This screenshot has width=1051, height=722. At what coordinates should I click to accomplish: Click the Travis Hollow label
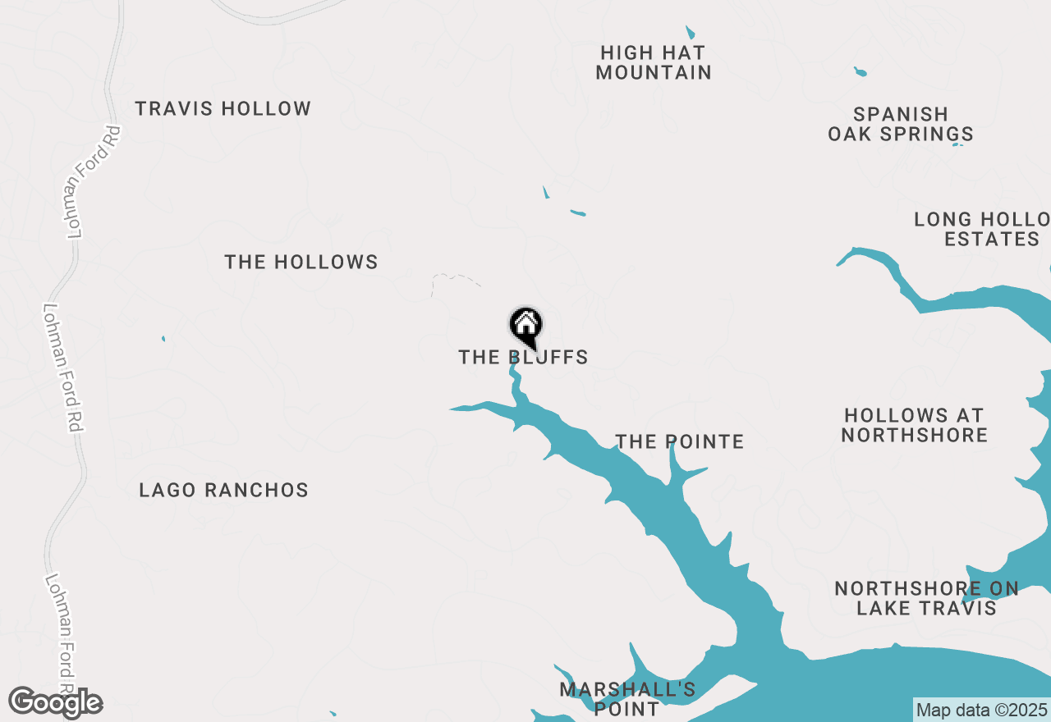click(223, 108)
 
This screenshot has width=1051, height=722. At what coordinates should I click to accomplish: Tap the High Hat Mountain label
click(653, 62)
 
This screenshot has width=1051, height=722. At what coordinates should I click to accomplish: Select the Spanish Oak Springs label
click(901, 124)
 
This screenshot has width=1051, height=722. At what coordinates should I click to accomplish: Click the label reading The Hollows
click(301, 262)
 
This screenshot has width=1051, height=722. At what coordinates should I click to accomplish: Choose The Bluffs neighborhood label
click(523, 358)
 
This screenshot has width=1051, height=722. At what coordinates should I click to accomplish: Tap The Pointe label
click(680, 441)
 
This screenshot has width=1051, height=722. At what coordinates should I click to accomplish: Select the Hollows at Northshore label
click(914, 425)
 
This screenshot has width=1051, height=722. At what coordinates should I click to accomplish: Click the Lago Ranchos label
click(223, 490)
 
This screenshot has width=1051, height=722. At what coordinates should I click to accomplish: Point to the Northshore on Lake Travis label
click(926, 598)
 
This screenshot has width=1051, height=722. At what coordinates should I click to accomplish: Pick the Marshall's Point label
click(627, 698)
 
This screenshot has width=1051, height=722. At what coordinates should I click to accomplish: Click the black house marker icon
click(525, 325)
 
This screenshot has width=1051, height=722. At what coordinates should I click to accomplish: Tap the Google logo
click(56, 702)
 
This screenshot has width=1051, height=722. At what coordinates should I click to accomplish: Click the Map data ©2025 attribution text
click(981, 710)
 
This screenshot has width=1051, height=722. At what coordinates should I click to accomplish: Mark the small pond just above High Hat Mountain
click(691, 34)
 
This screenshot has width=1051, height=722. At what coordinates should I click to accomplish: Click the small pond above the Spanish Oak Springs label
click(860, 71)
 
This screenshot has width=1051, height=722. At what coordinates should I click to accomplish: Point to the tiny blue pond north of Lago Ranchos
click(163, 338)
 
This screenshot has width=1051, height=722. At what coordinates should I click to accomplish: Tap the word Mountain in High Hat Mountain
click(653, 72)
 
